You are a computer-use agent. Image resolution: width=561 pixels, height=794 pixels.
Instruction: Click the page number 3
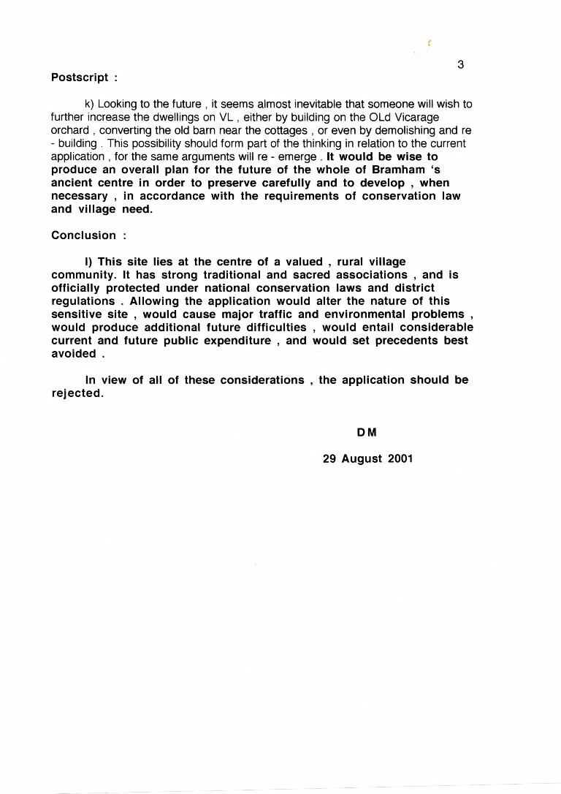[x=461, y=64]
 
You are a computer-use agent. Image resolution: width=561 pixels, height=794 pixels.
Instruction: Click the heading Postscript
[x=80, y=77]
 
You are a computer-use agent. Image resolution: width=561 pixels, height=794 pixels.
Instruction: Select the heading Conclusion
[x=83, y=235]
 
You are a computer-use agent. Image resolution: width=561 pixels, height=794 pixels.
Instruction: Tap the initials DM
[x=367, y=433]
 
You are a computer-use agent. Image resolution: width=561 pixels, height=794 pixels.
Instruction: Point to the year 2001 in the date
[x=399, y=459]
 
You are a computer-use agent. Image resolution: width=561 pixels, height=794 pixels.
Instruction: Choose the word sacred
[x=310, y=275]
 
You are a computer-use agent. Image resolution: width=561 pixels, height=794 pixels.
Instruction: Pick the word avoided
[x=73, y=354]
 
